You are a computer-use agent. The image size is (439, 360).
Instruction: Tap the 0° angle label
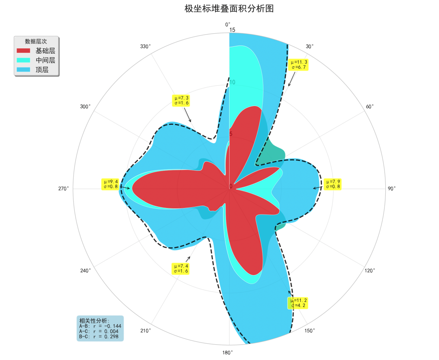(x=228, y=24)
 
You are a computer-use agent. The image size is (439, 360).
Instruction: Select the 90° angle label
(x=391, y=189)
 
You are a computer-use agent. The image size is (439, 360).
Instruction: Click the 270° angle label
(x=64, y=189)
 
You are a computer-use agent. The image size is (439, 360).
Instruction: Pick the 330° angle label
(x=146, y=46)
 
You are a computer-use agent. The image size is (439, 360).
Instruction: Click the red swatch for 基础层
(x=23, y=51)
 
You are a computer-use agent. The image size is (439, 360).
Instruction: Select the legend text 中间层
(x=45, y=60)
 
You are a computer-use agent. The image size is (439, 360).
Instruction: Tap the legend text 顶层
(x=42, y=70)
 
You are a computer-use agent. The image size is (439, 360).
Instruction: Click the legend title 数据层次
(x=36, y=41)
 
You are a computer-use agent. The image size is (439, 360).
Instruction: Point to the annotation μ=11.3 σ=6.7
(x=298, y=64)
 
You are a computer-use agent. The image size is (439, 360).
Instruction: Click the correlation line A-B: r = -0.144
(x=100, y=326)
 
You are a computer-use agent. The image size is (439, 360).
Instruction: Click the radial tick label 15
(x=233, y=30)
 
